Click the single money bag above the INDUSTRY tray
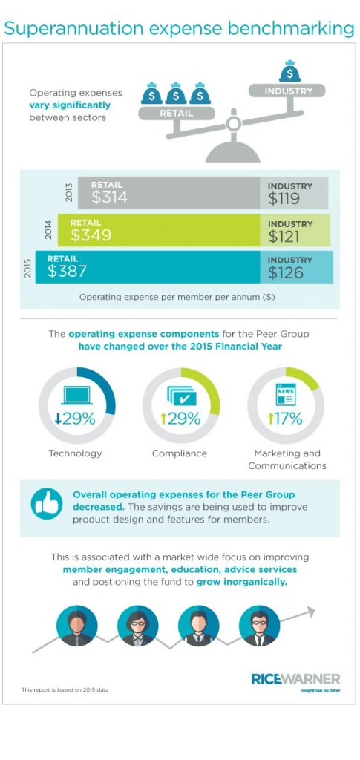pyautogui.click(x=289, y=71)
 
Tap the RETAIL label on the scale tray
pyautogui.click(x=177, y=114)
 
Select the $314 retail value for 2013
pyautogui.click(x=109, y=197)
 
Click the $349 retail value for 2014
pyautogui.click(x=91, y=235)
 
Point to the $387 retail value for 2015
pyautogui.click(x=67, y=272)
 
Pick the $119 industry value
pyautogui.click(x=284, y=199)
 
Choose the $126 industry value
pyautogui.click(x=285, y=273)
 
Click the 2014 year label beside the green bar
pyautogui.click(x=48, y=230)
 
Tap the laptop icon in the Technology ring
pyautogui.click(x=76, y=396)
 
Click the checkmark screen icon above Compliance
pyautogui.click(x=182, y=396)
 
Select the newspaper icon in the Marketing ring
pyautogui.click(x=285, y=394)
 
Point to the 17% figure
pyautogui.click(x=285, y=419)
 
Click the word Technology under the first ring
pyautogui.click(x=75, y=453)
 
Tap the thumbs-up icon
pyautogui.click(x=47, y=504)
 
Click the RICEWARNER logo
pyautogui.click(x=295, y=680)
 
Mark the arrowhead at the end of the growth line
pyautogui.click(x=310, y=612)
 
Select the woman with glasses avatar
pyautogui.click(x=137, y=626)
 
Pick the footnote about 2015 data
pyautogui.click(x=65, y=689)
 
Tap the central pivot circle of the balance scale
pyautogui.click(x=234, y=124)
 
